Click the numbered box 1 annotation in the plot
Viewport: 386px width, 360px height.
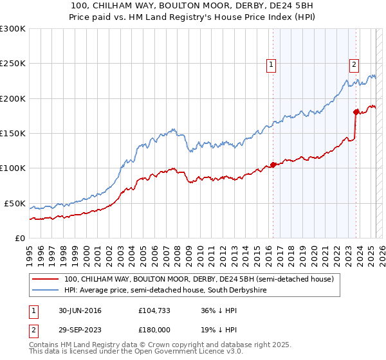click(271, 64)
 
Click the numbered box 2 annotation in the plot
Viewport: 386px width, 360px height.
click(354, 64)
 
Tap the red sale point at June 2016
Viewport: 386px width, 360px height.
click(273, 165)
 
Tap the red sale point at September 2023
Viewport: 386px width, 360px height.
click(356, 112)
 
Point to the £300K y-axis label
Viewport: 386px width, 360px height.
click(13, 29)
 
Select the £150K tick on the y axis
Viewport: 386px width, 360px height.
click(13, 134)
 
